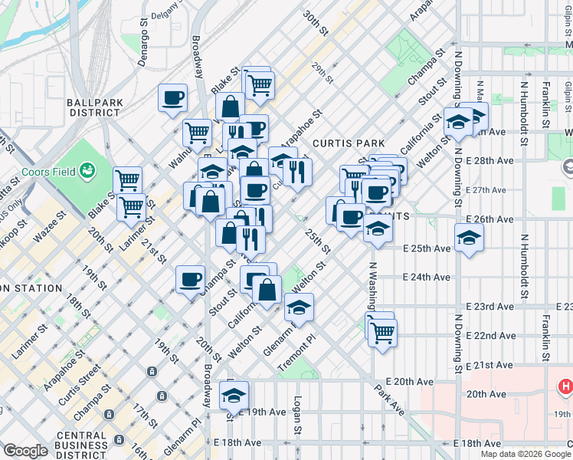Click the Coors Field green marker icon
point(89,169)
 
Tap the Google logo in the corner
point(25,451)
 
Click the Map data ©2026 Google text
point(525,454)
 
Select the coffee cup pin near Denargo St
point(173,97)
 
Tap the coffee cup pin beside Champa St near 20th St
point(190,280)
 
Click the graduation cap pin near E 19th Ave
point(234,395)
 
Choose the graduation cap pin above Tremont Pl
point(298,307)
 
